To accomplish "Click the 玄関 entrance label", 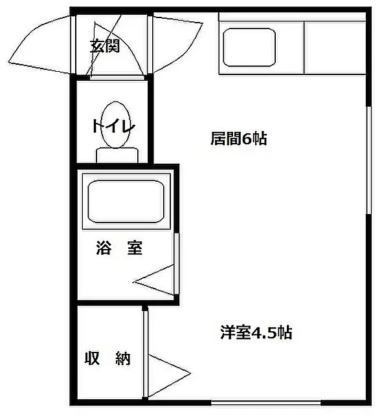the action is tap(105, 46).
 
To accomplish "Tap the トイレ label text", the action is tap(114, 126).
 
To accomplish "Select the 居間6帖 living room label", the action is tap(238, 138).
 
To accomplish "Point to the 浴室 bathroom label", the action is tap(119, 248).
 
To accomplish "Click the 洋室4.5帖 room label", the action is tap(256, 332).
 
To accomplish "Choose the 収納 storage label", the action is tap(107, 358).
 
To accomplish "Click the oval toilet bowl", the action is tap(116, 125).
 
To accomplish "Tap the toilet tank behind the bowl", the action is tap(117, 155).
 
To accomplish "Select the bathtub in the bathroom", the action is tap(126, 201).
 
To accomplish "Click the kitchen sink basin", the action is tap(249, 47).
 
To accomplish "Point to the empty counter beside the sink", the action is tap(335, 47).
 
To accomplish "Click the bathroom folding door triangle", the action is tap(154, 280).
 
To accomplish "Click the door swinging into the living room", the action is tap(177, 45).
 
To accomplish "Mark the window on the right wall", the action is tap(369, 160).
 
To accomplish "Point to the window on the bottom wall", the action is tap(266, 403).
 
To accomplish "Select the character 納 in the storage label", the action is tap(123, 358).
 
